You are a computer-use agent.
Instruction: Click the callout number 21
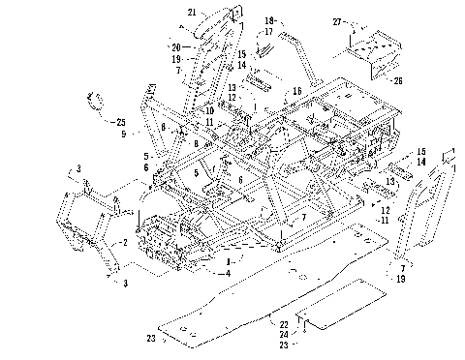(x=192, y=12)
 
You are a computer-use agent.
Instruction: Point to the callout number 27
(x=337, y=20)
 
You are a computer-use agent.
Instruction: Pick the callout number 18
(x=270, y=19)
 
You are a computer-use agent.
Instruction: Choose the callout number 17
(x=270, y=31)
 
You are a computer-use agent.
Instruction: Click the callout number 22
(x=284, y=323)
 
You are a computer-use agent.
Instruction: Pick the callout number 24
(x=284, y=334)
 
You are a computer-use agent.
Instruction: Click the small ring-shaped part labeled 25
(x=97, y=99)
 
